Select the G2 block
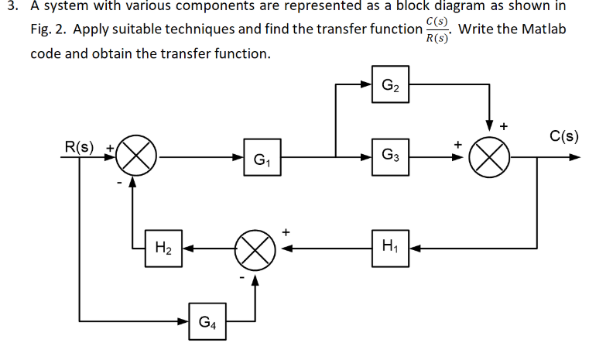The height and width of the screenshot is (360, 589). pyautogui.click(x=392, y=84)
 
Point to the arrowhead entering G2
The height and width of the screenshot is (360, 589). pyautogui.click(x=371, y=84)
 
